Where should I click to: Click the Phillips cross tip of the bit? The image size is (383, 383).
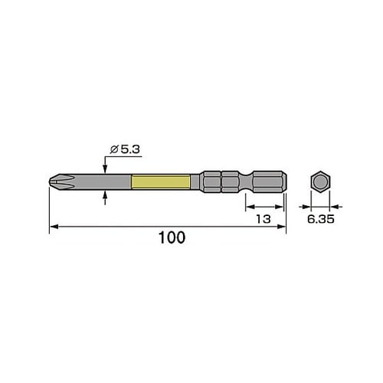point(55,183)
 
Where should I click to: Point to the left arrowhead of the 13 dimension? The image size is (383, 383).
point(249,206)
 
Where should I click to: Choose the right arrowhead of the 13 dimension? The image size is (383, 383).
point(282,206)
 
